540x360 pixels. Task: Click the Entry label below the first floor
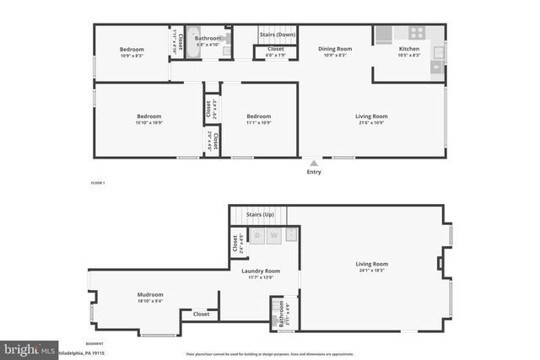coord(314,172)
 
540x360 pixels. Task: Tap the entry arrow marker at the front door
coord(314,163)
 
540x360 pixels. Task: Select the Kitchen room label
coord(408,49)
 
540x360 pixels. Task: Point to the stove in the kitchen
coord(416,33)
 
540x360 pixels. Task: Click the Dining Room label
coord(334,49)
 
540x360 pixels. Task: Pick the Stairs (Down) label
coord(276,35)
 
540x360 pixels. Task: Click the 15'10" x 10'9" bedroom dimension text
coord(148,123)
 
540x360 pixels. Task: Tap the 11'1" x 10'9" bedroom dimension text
coord(258,123)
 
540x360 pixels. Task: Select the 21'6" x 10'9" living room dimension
coord(370,123)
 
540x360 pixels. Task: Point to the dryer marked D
coord(257,235)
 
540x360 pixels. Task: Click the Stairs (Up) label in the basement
coord(260,215)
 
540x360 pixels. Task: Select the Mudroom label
coord(150,294)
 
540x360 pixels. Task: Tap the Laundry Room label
coord(260,271)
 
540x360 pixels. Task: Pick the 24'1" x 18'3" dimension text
coord(371,271)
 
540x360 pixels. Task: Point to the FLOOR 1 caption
coord(97,183)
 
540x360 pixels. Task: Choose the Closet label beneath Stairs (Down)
coord(276,49)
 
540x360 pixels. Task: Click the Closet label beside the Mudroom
coord(201,314)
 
